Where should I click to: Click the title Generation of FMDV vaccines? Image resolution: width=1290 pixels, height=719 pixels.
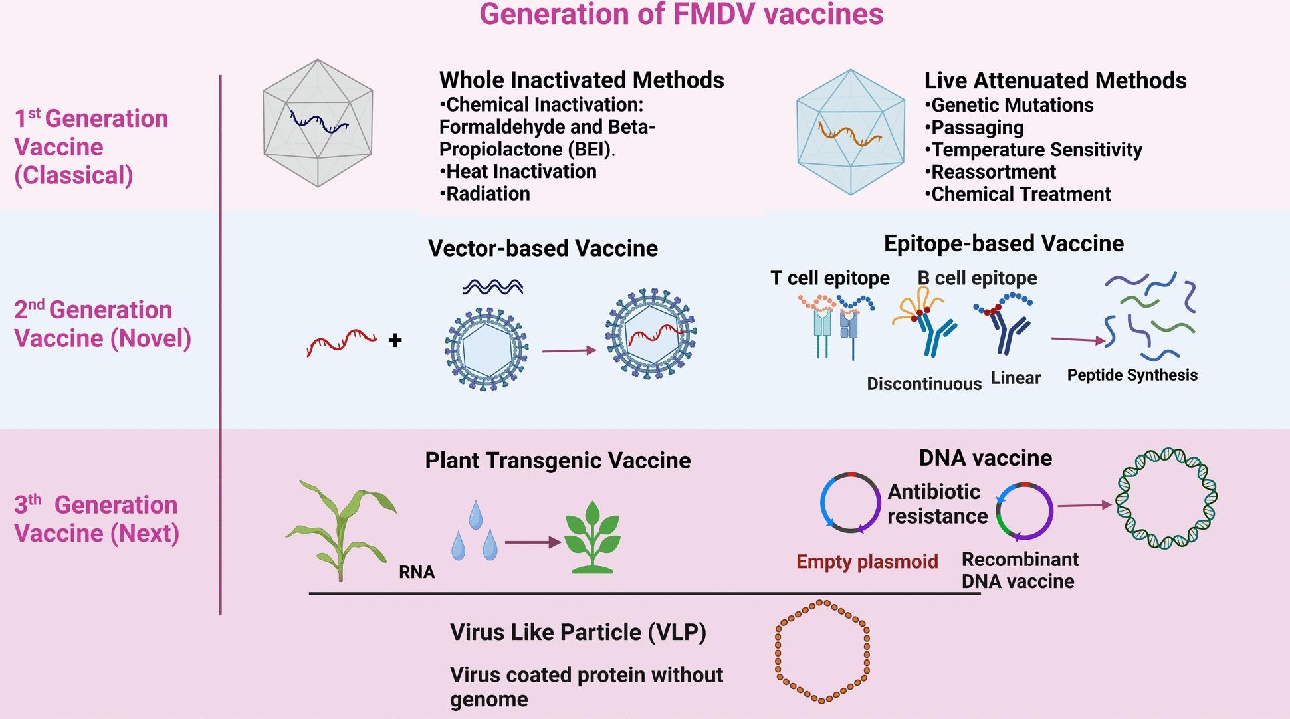[x=681, y=15]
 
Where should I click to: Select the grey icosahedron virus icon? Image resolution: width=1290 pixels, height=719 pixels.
[x=318, y=124]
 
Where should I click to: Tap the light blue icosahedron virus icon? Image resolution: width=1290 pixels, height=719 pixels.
[x=851, y=132]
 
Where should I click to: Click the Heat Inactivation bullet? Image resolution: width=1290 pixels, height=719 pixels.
[x=518, y=171]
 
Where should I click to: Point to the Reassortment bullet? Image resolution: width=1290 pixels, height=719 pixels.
[x=990, y=172]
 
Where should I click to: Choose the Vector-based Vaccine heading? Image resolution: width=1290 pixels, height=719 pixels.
[x=542, y=249]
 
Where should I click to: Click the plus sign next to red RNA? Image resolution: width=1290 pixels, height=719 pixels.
[x=395, y=340]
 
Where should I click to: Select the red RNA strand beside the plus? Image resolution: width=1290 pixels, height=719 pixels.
[x=341, y=342]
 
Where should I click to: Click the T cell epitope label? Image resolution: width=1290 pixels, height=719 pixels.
[x=829, y=278]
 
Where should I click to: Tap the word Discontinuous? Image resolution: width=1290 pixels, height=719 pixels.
[x=924, y=383]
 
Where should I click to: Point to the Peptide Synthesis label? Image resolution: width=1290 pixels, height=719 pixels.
[x=1132, y=375]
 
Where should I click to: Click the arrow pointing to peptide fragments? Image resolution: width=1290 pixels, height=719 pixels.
[x=1077, y=340]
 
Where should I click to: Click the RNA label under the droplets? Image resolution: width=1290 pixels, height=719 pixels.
[x=417, y=572]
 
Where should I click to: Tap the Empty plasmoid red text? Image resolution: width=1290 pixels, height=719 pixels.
[x=867, y=562]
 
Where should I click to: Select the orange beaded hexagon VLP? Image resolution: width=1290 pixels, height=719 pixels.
[x=822, y=651]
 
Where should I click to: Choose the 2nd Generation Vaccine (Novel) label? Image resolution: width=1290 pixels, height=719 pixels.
[x=102, y=324]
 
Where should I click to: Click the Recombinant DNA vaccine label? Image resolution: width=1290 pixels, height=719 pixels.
[x=1020, y=570]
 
